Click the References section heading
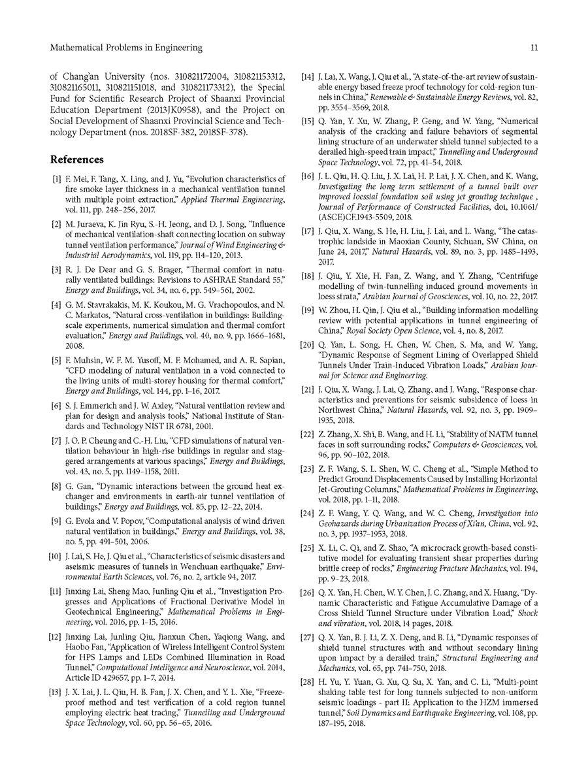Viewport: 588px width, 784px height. (77, 159)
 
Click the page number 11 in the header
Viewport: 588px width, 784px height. (534, 48)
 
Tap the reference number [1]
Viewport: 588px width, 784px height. (57, 178)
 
